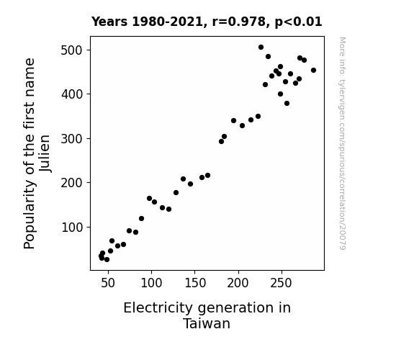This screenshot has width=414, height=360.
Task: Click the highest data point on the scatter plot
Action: coord(261,48)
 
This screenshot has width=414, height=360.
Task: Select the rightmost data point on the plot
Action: coord(313,71)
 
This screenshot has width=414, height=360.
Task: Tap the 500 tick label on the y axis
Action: coord(71,50)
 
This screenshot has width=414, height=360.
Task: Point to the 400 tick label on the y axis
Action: coord(71,94)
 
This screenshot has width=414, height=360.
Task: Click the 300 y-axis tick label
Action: coord(71,138)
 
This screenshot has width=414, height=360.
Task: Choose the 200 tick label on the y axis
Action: coord(71,182)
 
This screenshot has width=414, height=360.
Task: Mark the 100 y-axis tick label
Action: coord(71,227)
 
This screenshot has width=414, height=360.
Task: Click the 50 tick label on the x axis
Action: coord(108,283)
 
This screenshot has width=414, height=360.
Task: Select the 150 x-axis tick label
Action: coord(195,283)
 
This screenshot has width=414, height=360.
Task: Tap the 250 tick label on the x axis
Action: coord(282,283)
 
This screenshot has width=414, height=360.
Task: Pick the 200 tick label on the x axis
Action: coord(238,283)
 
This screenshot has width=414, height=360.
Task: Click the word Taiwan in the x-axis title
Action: coord(207,323)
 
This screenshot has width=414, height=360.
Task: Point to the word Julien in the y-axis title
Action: coord(45,153)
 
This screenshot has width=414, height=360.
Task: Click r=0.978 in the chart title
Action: coord(239,22)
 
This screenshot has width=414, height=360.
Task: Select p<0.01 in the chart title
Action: coord(298,22)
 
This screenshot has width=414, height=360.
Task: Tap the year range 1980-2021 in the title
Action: coord(168,22)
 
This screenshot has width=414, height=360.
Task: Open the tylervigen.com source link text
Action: coord(342,143)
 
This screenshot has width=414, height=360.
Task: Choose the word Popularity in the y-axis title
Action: coord(30,214)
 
